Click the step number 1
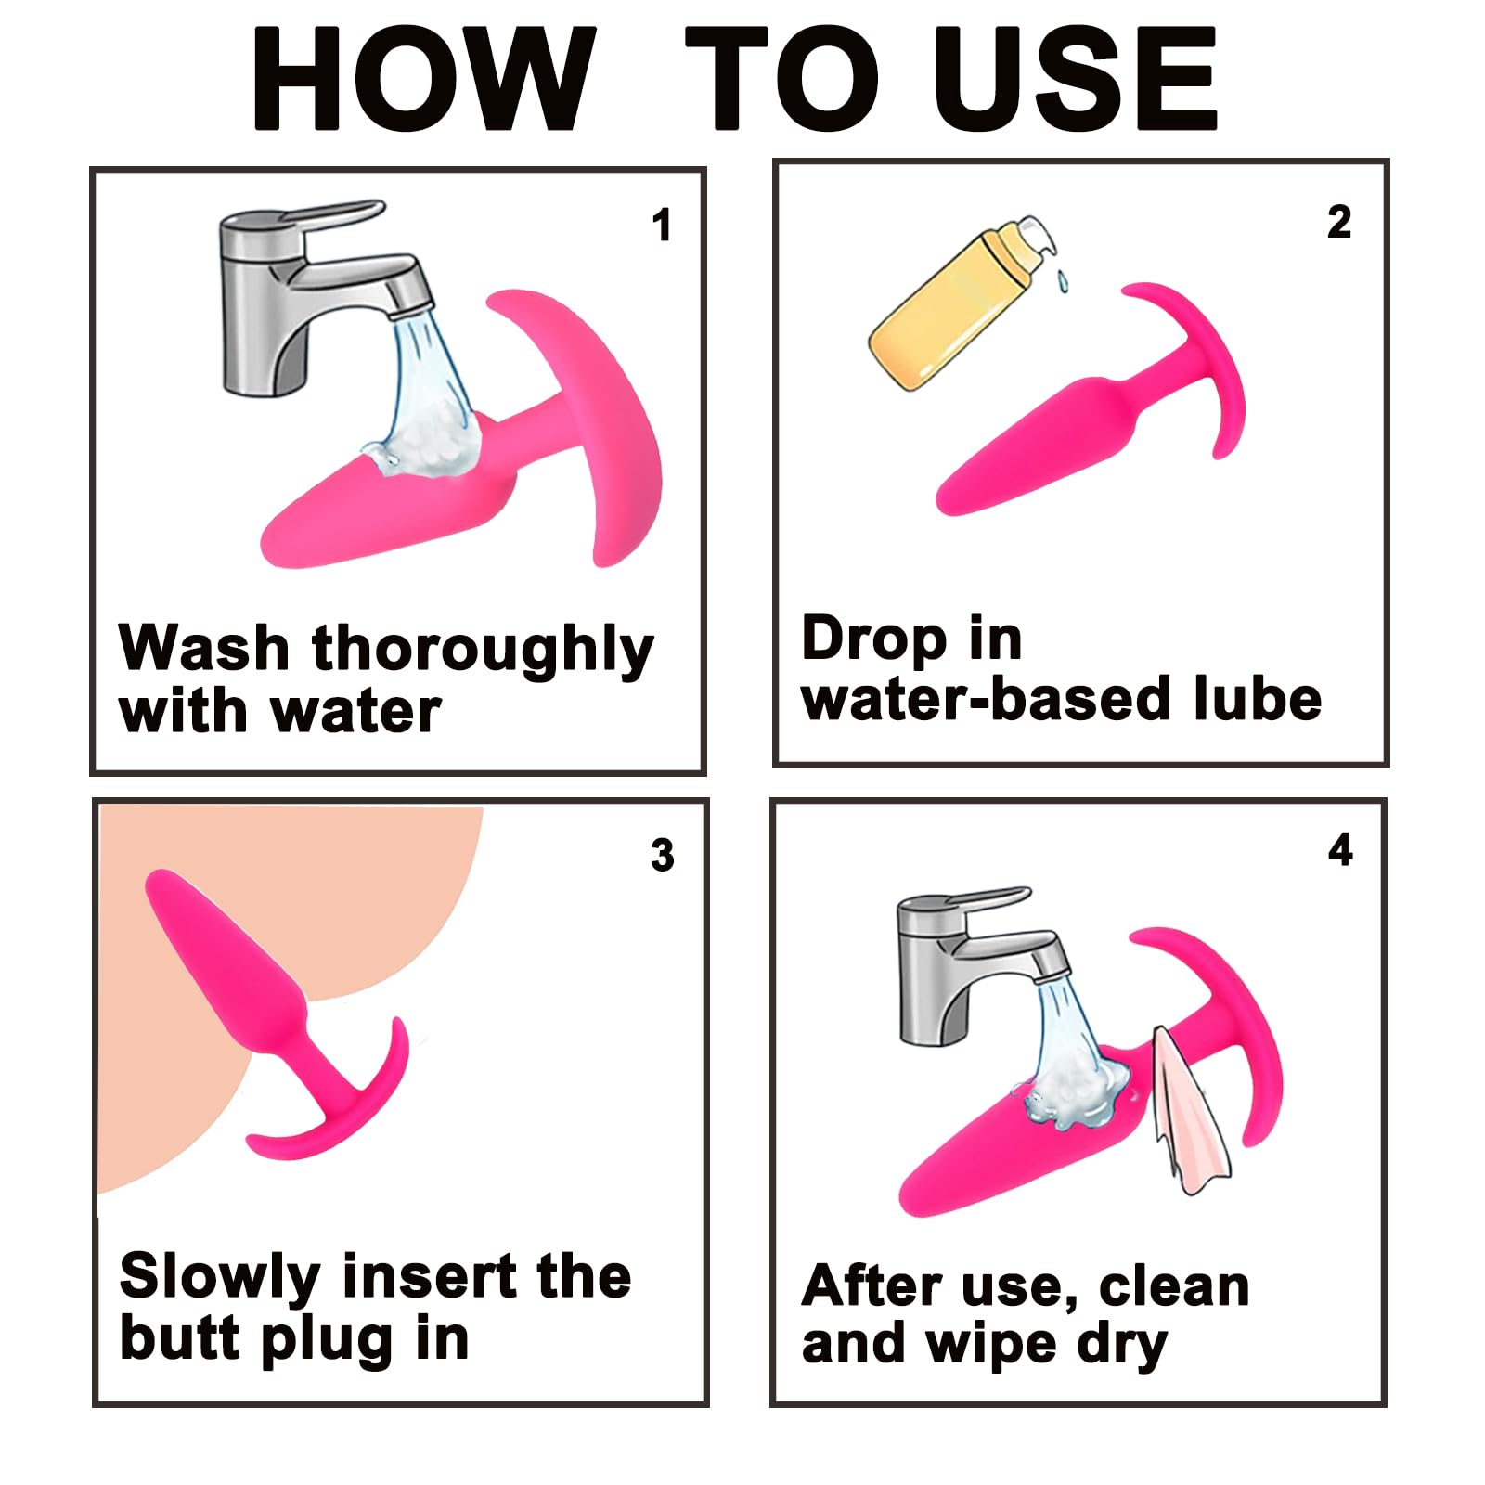(661, 226)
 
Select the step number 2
(1338, 223)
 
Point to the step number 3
(662, 855)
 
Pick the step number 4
(1340, 850)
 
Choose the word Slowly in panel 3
(221, 1277)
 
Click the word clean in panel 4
(1174, 1286)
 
